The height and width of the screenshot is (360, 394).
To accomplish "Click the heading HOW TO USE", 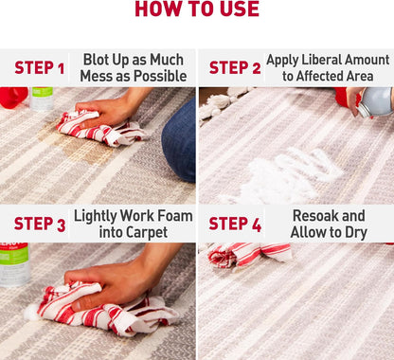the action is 197,9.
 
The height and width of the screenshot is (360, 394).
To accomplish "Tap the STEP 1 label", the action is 40,68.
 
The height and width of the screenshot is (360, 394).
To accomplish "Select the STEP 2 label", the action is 235,68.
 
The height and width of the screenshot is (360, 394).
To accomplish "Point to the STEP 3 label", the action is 40,224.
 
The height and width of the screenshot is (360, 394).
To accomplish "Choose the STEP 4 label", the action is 235,224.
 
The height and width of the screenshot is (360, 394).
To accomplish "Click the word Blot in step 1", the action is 96,60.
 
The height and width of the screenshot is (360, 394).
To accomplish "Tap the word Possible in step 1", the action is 160,76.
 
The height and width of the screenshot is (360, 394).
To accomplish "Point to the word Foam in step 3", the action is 175,216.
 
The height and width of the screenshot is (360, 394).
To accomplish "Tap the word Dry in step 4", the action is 356,233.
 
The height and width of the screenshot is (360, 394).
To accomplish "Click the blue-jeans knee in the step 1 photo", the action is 179,140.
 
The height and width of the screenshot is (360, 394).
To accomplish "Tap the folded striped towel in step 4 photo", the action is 248,254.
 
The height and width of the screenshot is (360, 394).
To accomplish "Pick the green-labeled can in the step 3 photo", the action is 14,264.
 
